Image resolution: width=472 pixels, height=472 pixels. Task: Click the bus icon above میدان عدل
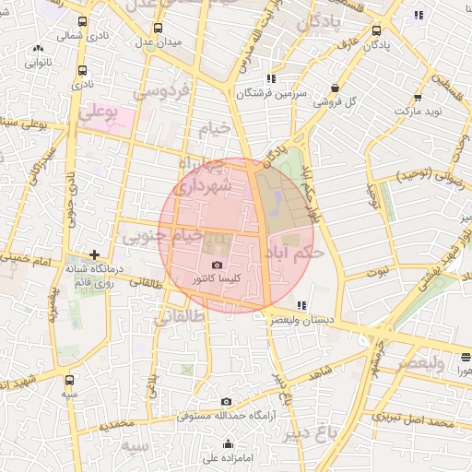click(158, 28)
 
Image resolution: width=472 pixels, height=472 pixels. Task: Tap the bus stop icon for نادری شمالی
click(82, 23)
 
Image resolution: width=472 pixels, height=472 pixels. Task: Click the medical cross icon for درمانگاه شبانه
click(94, 254)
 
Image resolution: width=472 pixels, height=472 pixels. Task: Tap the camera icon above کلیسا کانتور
click(217, 265)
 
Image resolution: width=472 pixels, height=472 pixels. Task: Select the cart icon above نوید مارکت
click(418, 97)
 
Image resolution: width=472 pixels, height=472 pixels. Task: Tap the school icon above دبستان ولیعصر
click(301, 304)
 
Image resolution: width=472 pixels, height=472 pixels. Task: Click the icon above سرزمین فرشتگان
click(270, 78)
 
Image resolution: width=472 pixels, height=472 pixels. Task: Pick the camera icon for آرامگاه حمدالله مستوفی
click(227, 402)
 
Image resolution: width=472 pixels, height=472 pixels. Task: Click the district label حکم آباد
click(293, 251)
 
